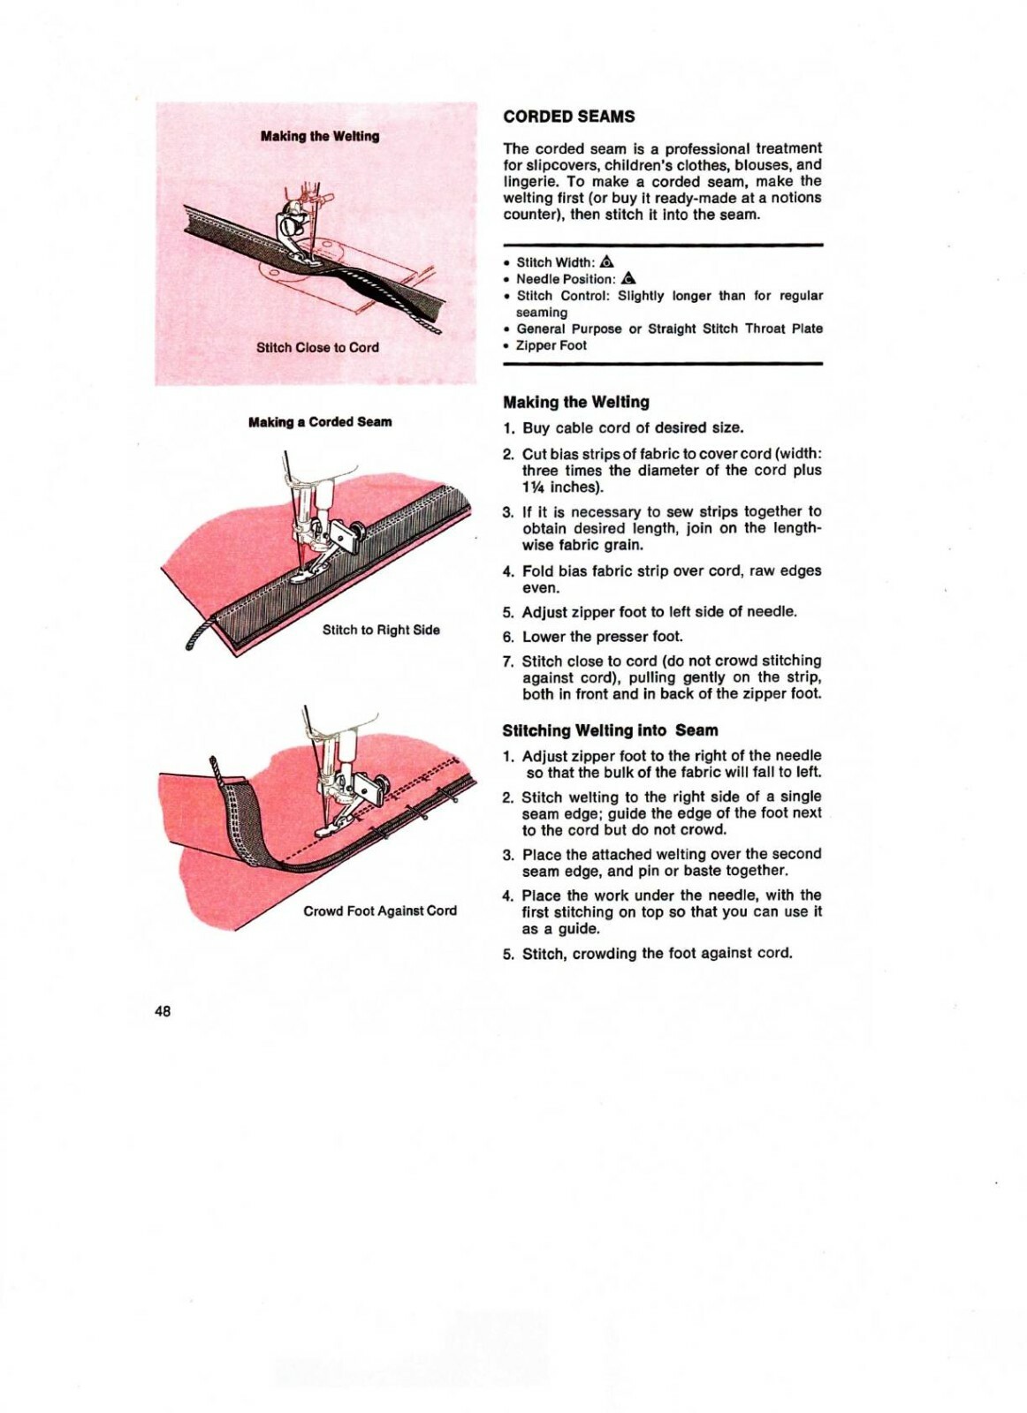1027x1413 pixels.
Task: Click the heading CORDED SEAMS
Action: point(568,117)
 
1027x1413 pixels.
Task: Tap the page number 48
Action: point(163,1011)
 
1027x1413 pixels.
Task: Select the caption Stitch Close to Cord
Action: point(317,347)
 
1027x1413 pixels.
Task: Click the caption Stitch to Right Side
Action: point(381,630)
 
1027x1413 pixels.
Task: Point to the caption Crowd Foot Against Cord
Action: point(380,911)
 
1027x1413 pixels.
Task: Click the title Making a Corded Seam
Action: point(320,422)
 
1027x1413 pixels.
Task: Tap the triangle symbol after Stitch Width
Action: point(606,261)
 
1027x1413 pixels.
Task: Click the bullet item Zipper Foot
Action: point(551,345)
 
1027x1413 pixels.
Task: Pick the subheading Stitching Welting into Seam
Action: point(610,730)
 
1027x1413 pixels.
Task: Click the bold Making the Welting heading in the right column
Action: point(575,402)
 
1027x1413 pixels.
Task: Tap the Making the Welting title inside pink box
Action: point(320,136)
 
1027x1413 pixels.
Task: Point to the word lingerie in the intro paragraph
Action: point(529,181)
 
